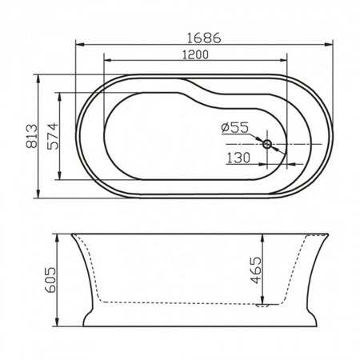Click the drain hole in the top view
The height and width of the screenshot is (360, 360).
[x=268, y=145]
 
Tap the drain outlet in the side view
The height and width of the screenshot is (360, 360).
[x=262, y=305]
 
